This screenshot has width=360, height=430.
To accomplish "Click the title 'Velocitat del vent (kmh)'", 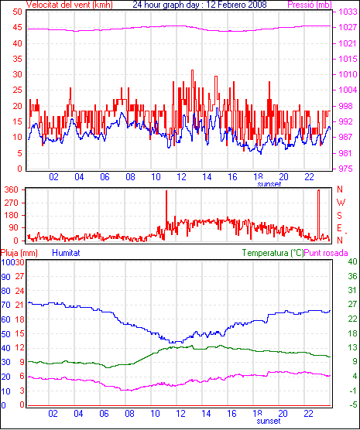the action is pos(70,5).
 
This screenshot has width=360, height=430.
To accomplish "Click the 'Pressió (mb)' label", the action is pos(310,5).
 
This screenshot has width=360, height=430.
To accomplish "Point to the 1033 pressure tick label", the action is pos(348,12).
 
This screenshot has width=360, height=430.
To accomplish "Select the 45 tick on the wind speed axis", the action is pos(17,28).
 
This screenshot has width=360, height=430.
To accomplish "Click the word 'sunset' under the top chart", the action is pos(269,184).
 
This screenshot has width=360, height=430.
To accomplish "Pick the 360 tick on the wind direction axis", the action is pos(12,189).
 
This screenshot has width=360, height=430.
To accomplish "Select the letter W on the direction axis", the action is pos(341,203).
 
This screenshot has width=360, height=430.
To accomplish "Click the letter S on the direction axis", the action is pos(340,216).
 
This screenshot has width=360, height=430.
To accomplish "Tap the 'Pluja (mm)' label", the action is pos(19,253).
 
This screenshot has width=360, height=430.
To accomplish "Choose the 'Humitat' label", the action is pos(66,253).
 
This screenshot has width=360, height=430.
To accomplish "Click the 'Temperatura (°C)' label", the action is pos(273,253).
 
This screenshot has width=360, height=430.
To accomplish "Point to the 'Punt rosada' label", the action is pos(326,253).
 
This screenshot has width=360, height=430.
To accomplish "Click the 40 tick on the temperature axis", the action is pos(352,261).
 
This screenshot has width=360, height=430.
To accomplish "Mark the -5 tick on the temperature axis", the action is pos(352,404).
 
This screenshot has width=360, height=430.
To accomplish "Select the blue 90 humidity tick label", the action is pos(5,277).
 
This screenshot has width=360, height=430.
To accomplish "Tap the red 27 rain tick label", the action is pos(20,276).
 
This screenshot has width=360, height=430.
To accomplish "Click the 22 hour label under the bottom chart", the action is pos(309,413).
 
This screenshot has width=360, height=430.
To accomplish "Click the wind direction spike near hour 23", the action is pos(318,215).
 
